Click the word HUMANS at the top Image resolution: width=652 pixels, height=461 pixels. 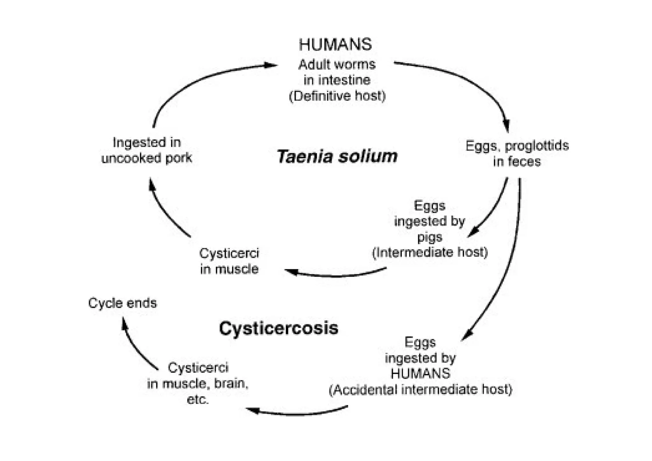click(x=335, y=45)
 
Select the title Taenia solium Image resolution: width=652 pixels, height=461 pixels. click(x=337, y=156)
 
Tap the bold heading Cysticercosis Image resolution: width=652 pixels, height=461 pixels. click(x=279, y=328)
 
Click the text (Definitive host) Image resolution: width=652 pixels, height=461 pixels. click(x=337, y=96)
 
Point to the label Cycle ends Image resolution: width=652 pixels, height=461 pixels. click(x=123, y=303)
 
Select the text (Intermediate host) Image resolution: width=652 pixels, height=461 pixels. click(x=430, y=252)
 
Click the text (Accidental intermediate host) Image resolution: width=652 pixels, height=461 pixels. click(x=420, y=390)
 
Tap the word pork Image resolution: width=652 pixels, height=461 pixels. click(x=179, y=158)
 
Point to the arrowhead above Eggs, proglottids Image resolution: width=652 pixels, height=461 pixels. click(x=506, y=126)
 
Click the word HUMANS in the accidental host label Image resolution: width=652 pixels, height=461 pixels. click(x=420, y=374)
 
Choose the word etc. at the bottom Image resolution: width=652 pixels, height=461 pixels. click(x=198, y=399)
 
